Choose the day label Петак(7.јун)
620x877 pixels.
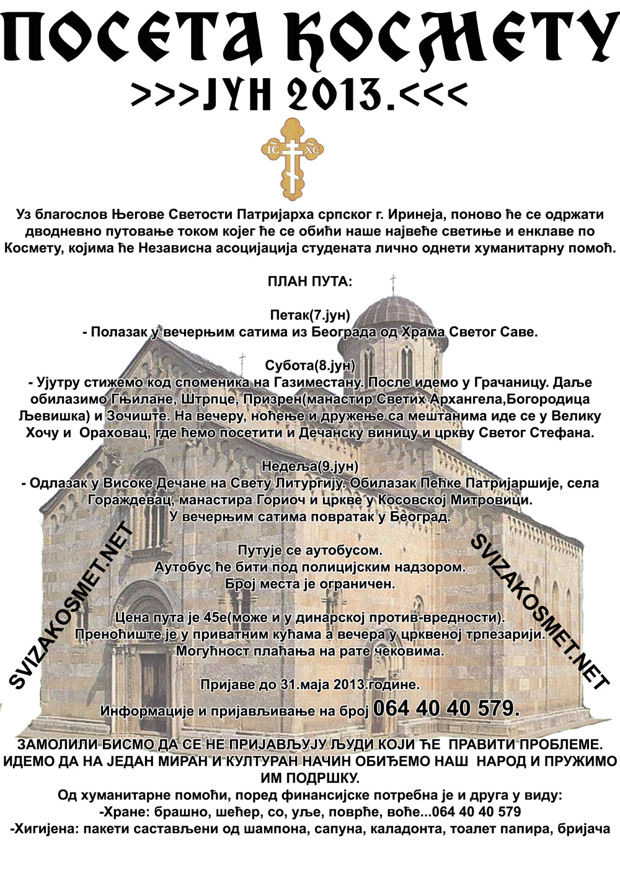[x=309, y=315]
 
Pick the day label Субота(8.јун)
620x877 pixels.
[x=309, y=365]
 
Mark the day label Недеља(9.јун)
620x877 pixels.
[x=309, y=466]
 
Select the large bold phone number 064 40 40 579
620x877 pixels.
[x=446, y=708]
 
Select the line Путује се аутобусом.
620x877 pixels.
[x=309, y=550]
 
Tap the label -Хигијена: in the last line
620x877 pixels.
[x=42, y=829]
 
